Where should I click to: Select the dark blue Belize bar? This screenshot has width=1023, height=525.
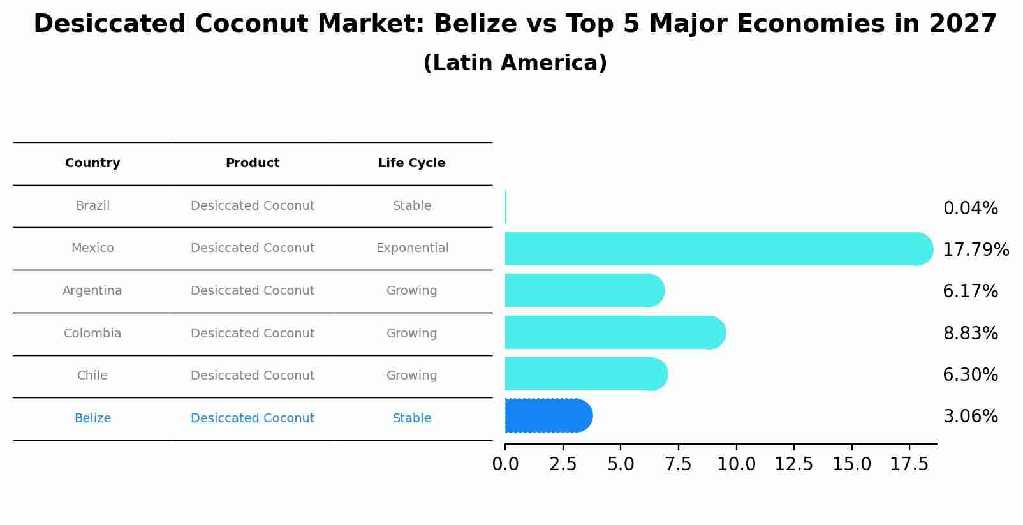tap(547, 416)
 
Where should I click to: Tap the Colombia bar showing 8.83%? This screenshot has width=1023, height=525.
tap(612, 332)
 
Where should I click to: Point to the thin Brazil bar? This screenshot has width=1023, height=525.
tap(506, 207)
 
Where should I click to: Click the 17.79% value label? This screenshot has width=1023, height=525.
tap(975, 249)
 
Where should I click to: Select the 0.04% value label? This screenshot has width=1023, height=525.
tap(970, 209)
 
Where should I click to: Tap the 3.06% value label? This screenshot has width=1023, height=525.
tap(970, 417)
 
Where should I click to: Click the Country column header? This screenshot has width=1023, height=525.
tap(92, 163)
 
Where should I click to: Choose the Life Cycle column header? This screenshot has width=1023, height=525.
tap(411, 163)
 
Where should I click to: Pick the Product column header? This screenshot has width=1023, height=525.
tap(253, 163)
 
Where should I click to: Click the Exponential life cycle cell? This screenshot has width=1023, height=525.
tap(412, 248)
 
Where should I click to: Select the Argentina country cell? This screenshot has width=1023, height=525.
tap(92, 291)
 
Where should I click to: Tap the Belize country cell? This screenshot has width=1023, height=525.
tap(92, 418)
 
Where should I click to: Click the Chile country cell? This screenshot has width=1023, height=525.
tap(92, 376)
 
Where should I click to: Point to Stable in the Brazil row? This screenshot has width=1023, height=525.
tap(412, 206)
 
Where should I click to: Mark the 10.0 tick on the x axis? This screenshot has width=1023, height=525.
tap(736, 464)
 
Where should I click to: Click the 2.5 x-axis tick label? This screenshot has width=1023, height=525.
tap(563, 464)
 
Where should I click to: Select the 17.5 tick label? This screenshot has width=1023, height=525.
tap(909, 464)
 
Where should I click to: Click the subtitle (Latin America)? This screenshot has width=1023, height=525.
tap(515, 63)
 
